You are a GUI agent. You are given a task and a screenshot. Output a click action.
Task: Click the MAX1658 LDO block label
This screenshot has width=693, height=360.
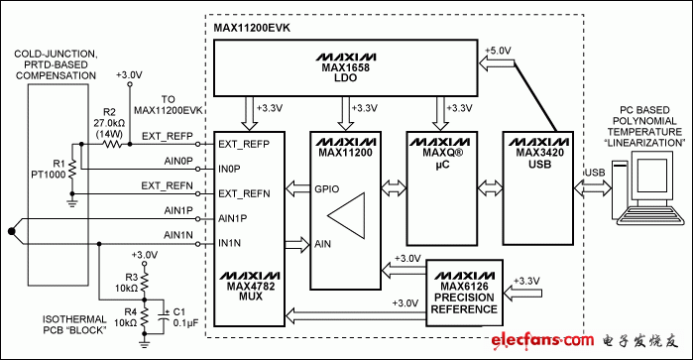click(346, 72)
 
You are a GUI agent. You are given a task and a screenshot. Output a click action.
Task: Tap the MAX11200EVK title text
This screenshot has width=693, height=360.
click(252, 28)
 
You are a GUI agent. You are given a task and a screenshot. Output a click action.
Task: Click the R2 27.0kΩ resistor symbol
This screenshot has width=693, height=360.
click(112, 144)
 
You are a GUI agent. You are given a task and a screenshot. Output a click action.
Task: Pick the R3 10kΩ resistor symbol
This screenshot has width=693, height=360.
click(144, 283)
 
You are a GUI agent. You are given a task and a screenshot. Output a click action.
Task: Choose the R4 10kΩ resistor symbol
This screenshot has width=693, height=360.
click(144, 317)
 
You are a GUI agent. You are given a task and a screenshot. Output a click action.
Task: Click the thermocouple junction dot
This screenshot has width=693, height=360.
click(12, 231)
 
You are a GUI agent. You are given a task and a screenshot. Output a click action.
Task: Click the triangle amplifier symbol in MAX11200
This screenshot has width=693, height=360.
click(346, 215)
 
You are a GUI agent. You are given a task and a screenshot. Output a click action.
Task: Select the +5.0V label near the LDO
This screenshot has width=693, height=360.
click(498, 51)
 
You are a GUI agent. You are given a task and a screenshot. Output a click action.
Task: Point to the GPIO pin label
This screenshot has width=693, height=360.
click(327, 189)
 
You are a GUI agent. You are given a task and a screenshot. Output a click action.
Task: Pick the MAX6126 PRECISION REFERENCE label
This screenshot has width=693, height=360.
click(464, 298)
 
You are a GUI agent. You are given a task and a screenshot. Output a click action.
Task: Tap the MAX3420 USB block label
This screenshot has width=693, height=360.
click(539, 159)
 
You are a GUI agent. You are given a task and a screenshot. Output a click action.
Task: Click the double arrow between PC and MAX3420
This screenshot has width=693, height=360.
click(593, 189)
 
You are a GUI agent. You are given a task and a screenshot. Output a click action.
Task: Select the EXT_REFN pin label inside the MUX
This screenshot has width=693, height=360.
click(244, 193)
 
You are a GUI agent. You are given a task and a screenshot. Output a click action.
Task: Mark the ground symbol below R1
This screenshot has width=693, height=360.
click(72, 203)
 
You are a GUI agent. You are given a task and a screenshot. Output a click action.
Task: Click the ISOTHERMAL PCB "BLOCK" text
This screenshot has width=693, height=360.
click(74, 324)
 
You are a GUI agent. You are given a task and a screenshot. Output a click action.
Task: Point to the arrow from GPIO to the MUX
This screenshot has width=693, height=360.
click(297, 189)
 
